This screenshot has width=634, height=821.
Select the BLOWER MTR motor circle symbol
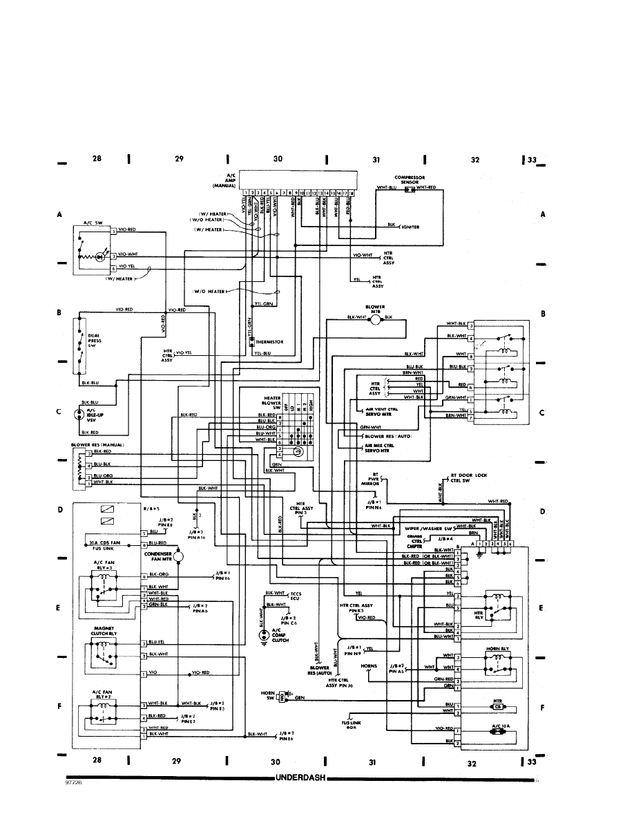pos(374,318)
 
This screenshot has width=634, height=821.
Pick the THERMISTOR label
pos(269,342)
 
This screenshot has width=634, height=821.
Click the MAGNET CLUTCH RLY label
pos(103,631)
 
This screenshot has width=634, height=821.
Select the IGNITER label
pos(412,225)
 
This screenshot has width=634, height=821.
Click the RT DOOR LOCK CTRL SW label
pos(469,478)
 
